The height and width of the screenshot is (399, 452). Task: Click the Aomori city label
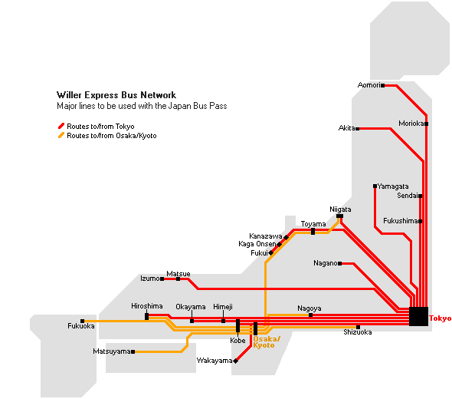click(369, 85)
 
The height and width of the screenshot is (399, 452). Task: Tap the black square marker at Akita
click(358, 129)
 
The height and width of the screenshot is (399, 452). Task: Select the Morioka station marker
click(427, 124)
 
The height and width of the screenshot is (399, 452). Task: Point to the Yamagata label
click(393, 186)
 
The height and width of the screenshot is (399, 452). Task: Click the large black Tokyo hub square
click(418, 316)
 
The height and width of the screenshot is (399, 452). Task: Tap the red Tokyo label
click(441, 318)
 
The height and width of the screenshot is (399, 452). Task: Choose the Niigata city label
click(340, 209)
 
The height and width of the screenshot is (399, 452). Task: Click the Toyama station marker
click(313, 231)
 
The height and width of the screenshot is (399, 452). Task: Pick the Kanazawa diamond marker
click(286, 237)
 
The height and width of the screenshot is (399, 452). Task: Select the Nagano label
click(326, 263)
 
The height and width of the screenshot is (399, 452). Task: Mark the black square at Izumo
click(162, 279)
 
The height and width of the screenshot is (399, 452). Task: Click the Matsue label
click(179, 273)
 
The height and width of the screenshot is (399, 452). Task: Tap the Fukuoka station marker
click(83, 321)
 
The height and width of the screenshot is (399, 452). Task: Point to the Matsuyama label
click(112, 351)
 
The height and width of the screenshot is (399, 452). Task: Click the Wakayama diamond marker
click(236, 361)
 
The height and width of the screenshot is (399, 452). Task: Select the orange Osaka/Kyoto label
click(267, 342)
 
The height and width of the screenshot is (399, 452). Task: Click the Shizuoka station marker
click(358, 327)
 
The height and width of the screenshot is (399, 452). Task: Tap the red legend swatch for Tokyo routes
click(61, 126)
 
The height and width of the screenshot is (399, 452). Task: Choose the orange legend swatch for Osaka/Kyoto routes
click(61, 135)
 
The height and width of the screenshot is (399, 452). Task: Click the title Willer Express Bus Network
click(116, 95)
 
